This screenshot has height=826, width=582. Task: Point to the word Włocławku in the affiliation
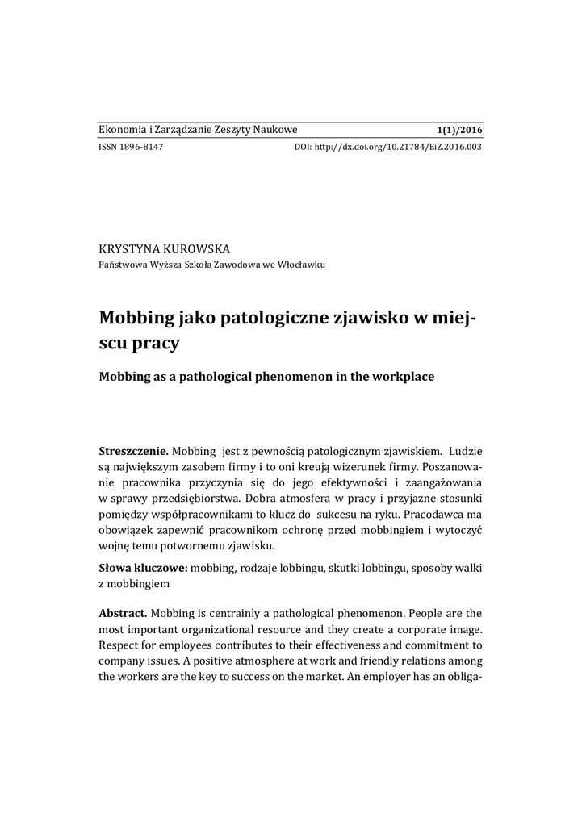tap(301, 264)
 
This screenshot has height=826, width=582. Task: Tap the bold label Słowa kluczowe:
tap(143, 569)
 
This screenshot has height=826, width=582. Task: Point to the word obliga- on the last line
tap(463, 677)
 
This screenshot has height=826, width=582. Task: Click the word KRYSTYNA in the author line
tap(130, 248)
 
